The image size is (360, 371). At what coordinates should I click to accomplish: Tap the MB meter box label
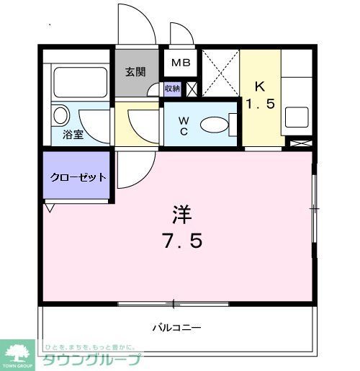(x=180, y=63)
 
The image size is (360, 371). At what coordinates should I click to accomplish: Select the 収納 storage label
(x=172, y=89)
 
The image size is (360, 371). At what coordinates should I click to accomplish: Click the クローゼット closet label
(x=78, y=177)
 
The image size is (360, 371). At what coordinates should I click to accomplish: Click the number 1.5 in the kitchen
(x=261, y=104)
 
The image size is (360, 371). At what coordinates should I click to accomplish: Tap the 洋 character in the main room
(x=180, y=214)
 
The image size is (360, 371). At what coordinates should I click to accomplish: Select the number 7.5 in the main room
(x=180, y=239)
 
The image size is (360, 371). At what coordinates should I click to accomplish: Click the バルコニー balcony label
(x=176, y=328)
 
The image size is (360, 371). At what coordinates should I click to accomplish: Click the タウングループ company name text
(x=92, y=359)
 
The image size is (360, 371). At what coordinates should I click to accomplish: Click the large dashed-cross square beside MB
(x=219, y=73)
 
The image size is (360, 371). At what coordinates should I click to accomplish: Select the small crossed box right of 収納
(x=192, y=89)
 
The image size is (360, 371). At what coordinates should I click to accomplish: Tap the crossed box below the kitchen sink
(x=298, y=142)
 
